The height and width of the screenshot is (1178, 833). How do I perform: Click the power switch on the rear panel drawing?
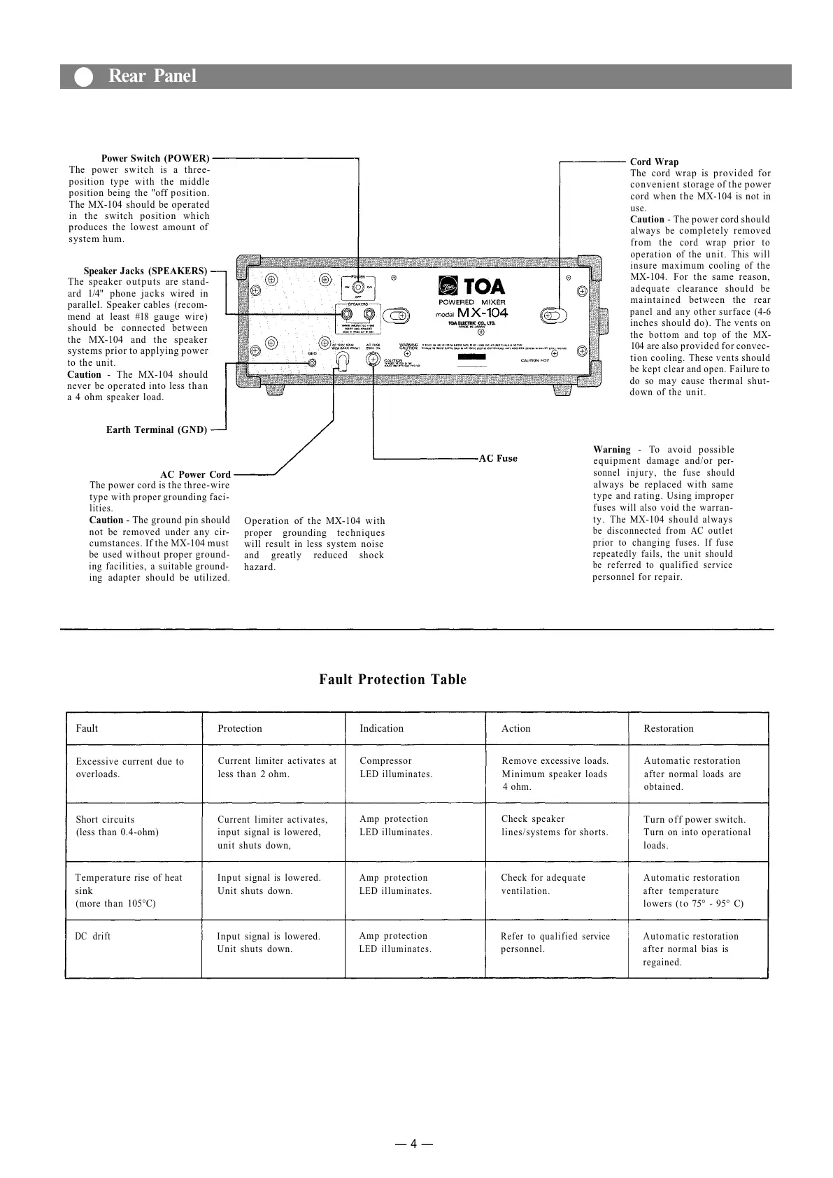point(358,288)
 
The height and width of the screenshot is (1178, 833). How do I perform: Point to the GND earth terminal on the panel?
point(313,362)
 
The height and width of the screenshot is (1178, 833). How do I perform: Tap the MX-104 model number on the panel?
point(482,313)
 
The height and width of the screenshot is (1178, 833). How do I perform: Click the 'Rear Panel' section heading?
point(152,76)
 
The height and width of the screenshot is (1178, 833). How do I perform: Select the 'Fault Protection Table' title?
point(392,679)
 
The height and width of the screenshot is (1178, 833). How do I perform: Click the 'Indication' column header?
point(381,728)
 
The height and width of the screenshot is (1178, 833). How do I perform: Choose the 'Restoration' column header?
point(668,728)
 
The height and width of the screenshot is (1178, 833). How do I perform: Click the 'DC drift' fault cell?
point(92,936)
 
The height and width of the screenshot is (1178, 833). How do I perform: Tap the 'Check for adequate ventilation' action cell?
point(543,884)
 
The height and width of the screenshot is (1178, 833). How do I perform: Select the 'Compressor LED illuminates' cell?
point(395,767)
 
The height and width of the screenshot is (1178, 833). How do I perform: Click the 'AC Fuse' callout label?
point(498,458)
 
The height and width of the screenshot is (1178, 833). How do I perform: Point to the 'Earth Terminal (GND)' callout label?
point(157,430)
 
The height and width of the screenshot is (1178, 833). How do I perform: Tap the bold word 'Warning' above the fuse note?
point(611,449)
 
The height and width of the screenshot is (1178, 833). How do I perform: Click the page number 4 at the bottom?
point(413,1144)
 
